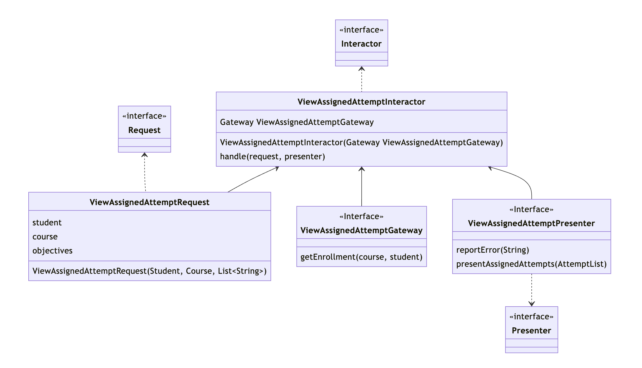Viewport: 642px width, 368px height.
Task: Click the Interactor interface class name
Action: pyautogui.click(x=361, y=44)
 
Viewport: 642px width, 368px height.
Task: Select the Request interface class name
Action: pyautogui.click(x=144, y=130)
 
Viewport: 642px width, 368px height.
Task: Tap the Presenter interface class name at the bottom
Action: pyautogui.click(x=531, y=330)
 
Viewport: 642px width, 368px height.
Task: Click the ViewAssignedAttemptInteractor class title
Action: pyautogui.click(x=361, y=102)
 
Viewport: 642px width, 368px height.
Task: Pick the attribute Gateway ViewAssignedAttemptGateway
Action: pyautogui.click(x=297, y=122)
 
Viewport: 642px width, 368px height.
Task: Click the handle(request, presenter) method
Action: pyautogui.click(x=272, y=156)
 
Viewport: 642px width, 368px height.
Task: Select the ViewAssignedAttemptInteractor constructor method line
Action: pyautogui.click(x=361, y=142)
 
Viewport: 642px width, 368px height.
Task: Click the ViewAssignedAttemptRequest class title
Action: pyautogui.click(x=149, y=202)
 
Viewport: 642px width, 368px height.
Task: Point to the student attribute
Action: pyautogui.click(x=47, y=223)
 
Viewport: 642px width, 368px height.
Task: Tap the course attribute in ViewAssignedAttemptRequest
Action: pyautogui.click(x=45, y=237)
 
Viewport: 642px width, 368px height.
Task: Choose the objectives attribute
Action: pyautogui.click(x=52, y=251)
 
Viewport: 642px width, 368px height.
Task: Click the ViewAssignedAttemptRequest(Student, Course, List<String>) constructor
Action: pyautogui.click(x=149, y=271)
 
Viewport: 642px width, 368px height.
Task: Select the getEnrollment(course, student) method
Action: pyautogui.click(x=361, y=257)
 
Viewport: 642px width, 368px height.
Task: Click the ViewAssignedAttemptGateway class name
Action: pyautogui.click(x=361, y=230)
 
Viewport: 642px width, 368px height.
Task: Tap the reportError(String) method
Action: pyautogui.click(x=493, y=250)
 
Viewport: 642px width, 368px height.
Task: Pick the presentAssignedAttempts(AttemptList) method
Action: pyautogui.click(x=531, y=264)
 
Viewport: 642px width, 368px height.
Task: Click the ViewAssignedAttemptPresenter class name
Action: pyautogui.click(x=531, y=223)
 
